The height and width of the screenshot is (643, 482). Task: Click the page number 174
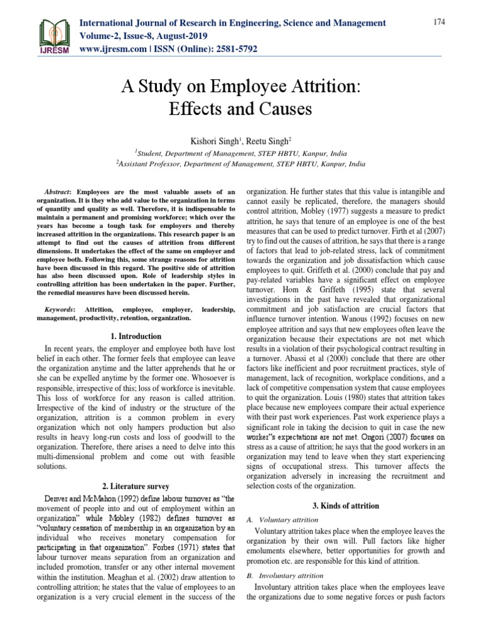439,23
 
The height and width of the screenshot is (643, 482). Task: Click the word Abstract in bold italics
58,192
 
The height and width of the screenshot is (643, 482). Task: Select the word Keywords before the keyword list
60,310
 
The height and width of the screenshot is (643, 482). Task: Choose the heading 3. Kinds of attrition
345,506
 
